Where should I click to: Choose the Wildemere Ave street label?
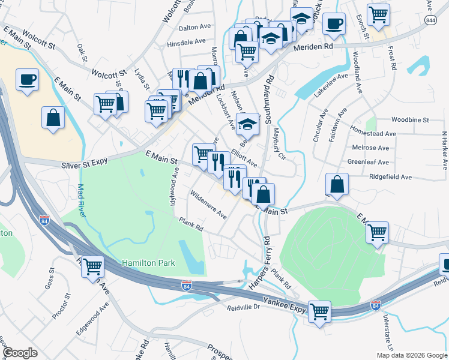tap(208, 205)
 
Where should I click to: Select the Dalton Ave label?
tap(195, 27)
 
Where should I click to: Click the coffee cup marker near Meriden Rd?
tap(334, 24)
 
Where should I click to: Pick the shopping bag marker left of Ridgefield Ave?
tap(337, 184)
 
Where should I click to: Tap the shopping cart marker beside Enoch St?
tap(378, 14)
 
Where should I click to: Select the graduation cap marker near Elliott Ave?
tap(247, 124)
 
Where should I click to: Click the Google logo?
tap(20, 353)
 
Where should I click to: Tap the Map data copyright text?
tap(411, 355)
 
